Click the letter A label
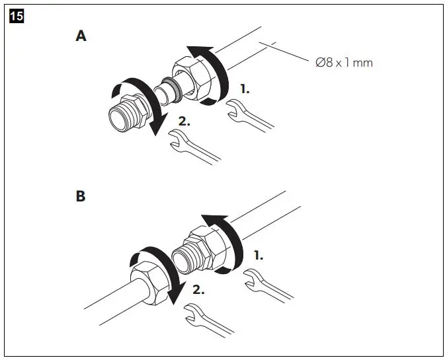[x=81, y=36]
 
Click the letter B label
[x=81, y=197]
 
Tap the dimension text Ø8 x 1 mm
[x=345, y=63]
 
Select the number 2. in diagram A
[x=183, y=122]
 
